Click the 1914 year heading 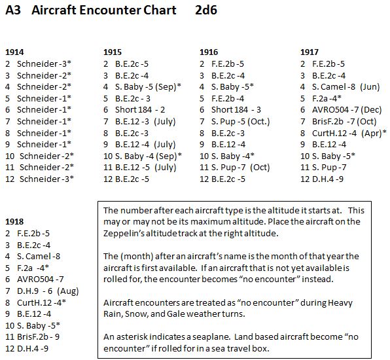tap(14, 52)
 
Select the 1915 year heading tap(113, 52)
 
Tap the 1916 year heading tap(209, 52)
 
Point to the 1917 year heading tap(310, 52)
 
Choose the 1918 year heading tap(14, 221)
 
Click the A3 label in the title tap(12, 11)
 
